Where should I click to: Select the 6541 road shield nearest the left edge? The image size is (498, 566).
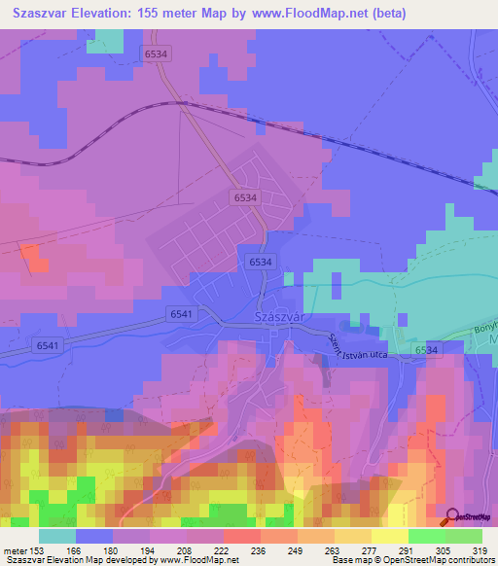[46, 345]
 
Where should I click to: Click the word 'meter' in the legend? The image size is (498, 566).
[15, 549]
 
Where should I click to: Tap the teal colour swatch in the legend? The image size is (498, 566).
[57, 536]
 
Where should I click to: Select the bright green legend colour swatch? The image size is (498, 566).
[426, 536]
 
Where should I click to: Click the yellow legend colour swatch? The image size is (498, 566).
[389, 536]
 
